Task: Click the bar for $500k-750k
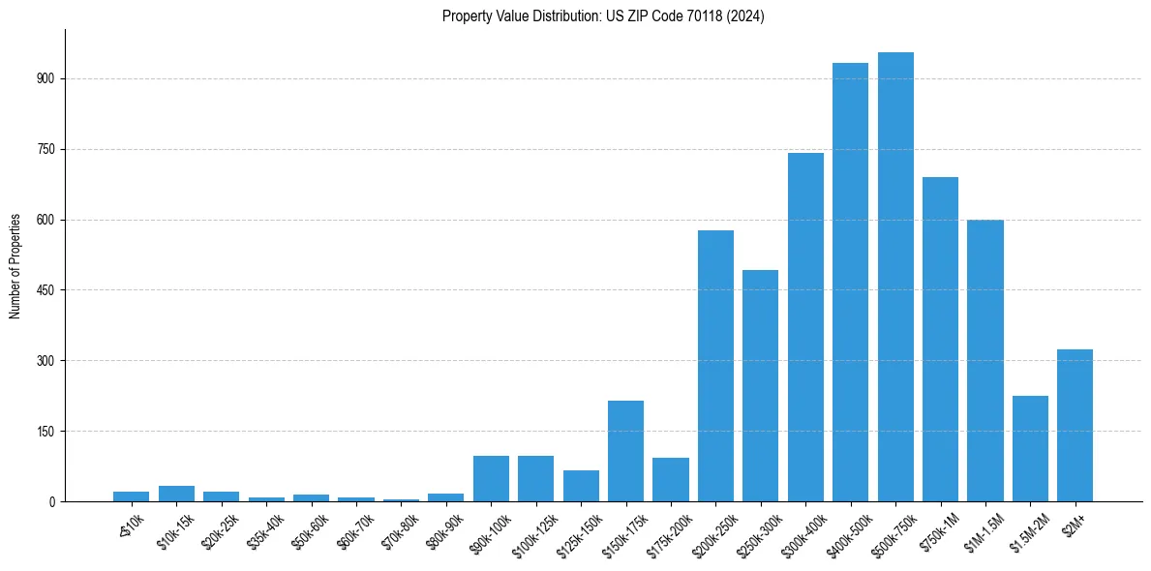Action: pos(895,277)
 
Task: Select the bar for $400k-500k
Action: pos(850,283)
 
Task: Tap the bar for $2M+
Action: pos(1075,426)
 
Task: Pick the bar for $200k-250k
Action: pos(715,366)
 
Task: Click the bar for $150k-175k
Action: pos(625,451)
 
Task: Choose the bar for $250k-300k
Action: pos(760,386)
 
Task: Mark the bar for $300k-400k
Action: pos(805,327)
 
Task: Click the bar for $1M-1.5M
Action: pos(984,361)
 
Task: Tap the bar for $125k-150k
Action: pos(581,486)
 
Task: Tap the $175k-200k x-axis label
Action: pos(670,531)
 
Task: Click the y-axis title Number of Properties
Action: pos(15,266)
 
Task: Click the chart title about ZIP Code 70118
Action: pos(603,16)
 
